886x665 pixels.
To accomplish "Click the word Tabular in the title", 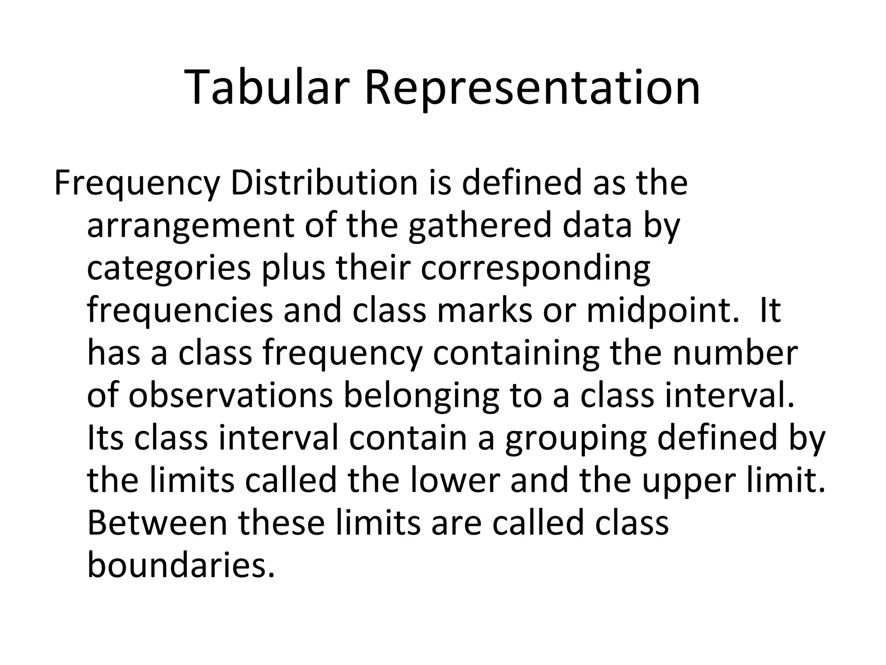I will click(x=267, y=88).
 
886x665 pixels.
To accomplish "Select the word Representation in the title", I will click(x=532, y=88).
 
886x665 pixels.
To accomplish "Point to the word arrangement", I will click(x=190, y=226).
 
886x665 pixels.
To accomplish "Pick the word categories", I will click(x=169, y=268).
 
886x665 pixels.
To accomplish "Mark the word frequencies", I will click(x=180, y=311).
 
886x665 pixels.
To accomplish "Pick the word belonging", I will click(x=421, y=396).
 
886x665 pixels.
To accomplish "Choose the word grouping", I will click(x=575, y=438).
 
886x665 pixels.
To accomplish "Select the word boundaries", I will click(x=181, y=565).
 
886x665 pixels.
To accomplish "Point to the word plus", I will click(x=293, y=268).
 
